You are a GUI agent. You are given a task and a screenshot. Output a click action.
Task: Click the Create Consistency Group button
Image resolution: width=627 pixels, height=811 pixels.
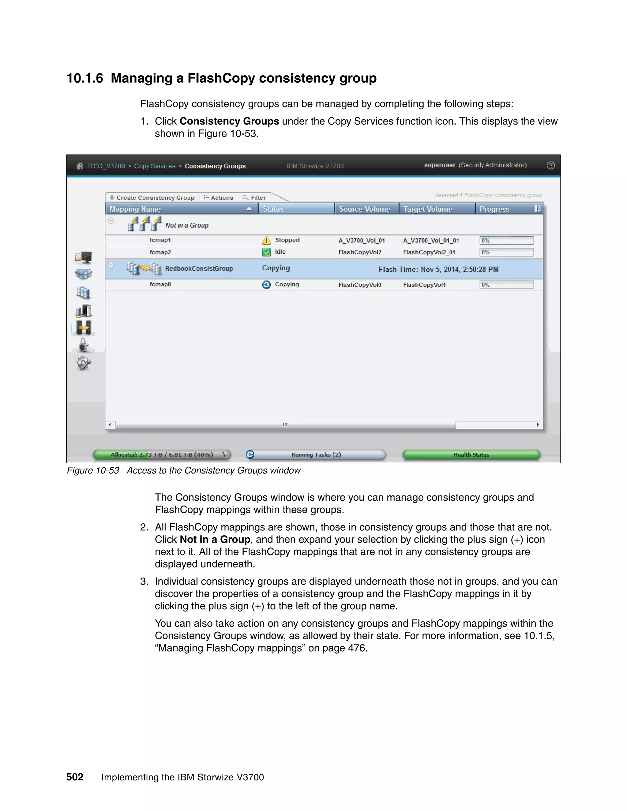coord(152,198)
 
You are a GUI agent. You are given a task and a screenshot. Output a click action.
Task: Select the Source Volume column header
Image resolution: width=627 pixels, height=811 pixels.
coord(364,209)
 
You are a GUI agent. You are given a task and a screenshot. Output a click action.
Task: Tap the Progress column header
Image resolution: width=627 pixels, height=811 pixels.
coord(494,209)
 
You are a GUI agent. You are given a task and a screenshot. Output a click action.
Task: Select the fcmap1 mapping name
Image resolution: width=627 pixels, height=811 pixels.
coord(160,240)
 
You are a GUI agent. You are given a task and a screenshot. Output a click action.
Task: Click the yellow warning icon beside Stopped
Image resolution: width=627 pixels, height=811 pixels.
coord(267,241)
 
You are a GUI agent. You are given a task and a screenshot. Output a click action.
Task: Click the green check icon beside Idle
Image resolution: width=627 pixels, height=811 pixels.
coord(267,252)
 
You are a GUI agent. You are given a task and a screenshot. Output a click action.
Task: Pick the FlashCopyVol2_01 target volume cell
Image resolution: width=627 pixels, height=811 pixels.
coord(429,252)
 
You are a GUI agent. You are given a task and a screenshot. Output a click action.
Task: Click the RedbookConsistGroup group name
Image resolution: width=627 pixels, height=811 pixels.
coord(199,268)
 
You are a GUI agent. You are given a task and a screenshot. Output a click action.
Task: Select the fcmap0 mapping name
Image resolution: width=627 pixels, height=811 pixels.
coord(160,284)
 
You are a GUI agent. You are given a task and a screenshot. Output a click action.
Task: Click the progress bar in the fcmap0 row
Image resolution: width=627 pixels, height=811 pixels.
coord(507,285)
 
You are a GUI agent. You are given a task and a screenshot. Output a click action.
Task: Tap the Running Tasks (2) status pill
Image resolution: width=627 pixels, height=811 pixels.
coord(316,454)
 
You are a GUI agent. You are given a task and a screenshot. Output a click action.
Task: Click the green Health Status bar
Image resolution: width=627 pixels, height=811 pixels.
coord(471,454)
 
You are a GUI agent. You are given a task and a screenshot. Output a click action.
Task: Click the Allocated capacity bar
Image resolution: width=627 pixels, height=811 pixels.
coord(162,454)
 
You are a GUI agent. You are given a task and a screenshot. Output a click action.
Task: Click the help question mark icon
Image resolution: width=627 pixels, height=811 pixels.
coord(550,166)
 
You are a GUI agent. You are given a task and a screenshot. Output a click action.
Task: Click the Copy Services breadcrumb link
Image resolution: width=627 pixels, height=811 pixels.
coord(155,166)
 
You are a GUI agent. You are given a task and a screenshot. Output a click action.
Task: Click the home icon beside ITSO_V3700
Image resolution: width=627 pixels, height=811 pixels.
coord(80,166)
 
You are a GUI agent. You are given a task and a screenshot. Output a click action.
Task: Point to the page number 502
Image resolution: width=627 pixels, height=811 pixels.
coord(75,777)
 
